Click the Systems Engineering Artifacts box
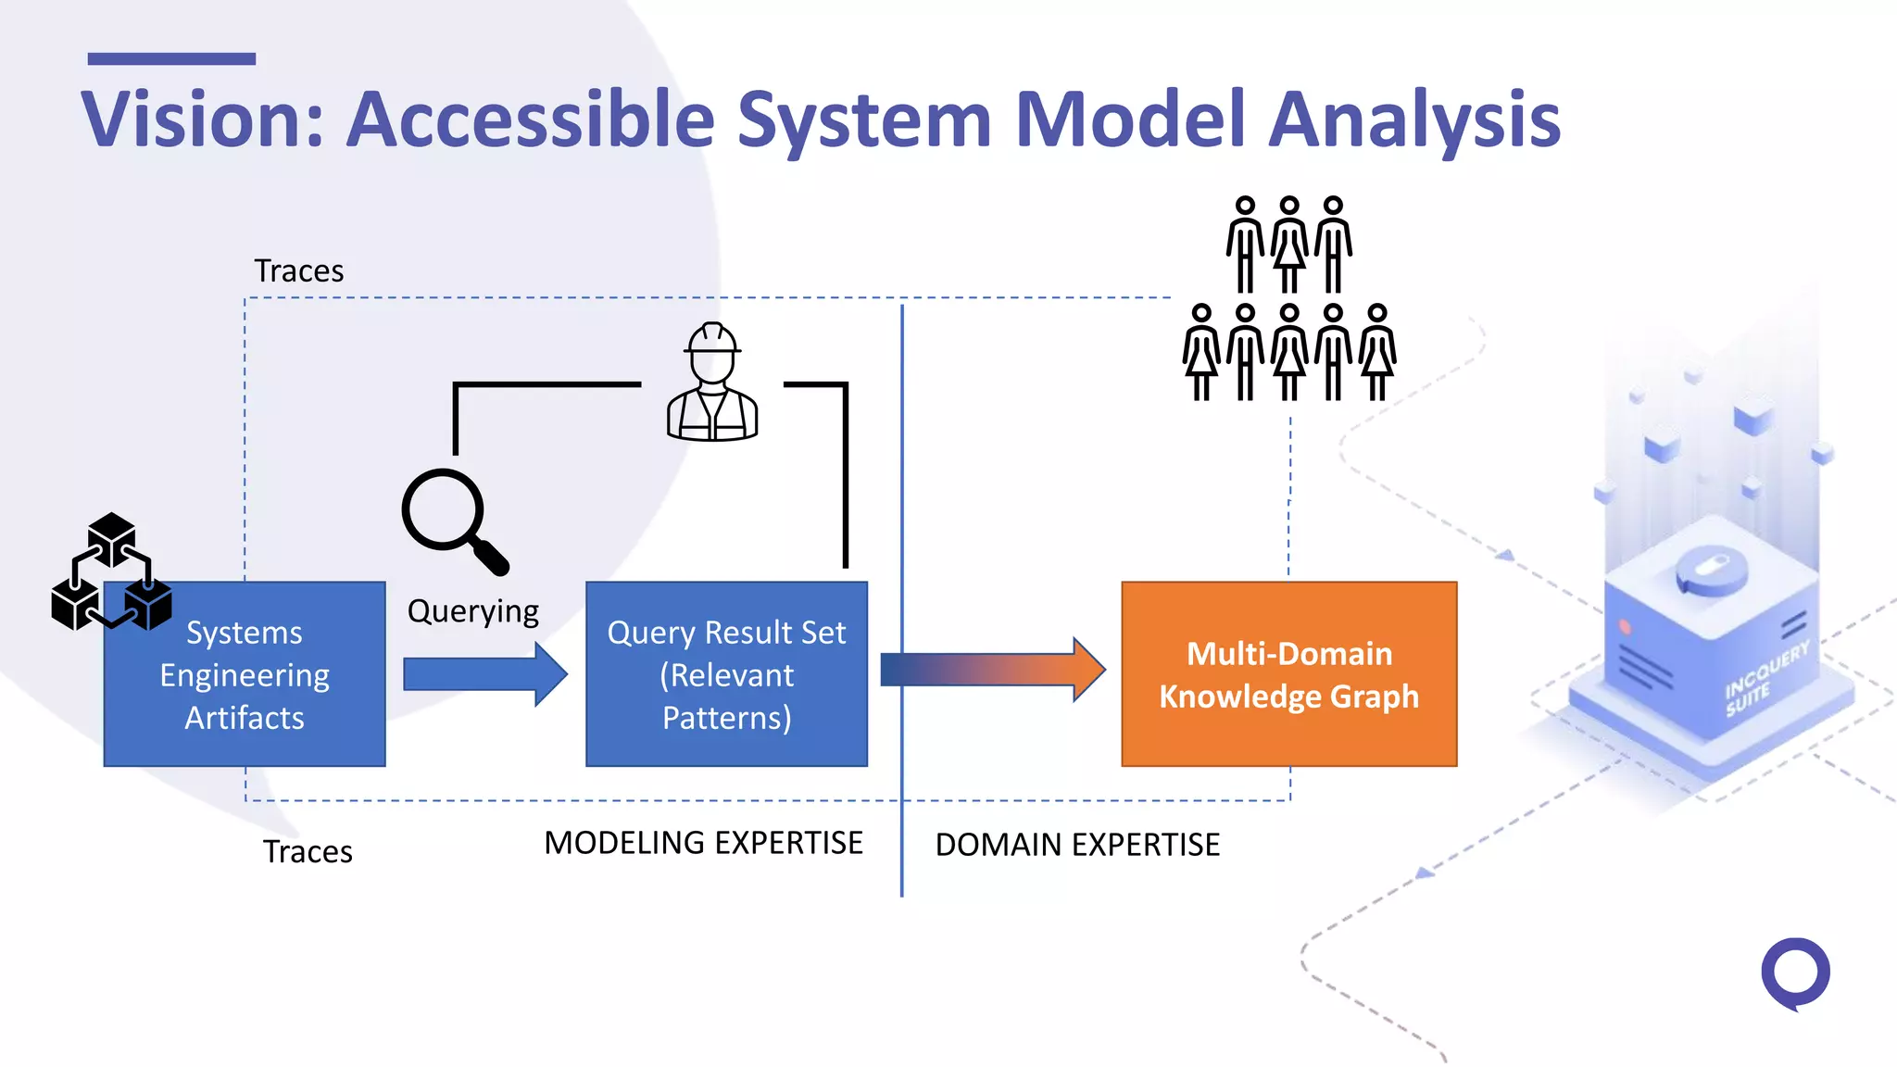(x=245, y=674)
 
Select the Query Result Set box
(x=726, y=674)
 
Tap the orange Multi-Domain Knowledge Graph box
(x=1288, y=674)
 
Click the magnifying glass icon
(x=452, y=519)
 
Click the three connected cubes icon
(x=111, y=571)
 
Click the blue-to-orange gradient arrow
(x=991, y=669)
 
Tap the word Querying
(x=472, y=611)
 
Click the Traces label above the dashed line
(x=298, y=271)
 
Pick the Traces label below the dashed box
(x=308, y=851)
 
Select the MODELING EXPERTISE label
(x=703, y=843)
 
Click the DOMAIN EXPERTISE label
(x=1077, y=845)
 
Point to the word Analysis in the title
(x=1414, y=120)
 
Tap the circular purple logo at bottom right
(x=1795, y=973)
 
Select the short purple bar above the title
(x=171, y=59)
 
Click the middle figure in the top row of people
(x=1289, y=245)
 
